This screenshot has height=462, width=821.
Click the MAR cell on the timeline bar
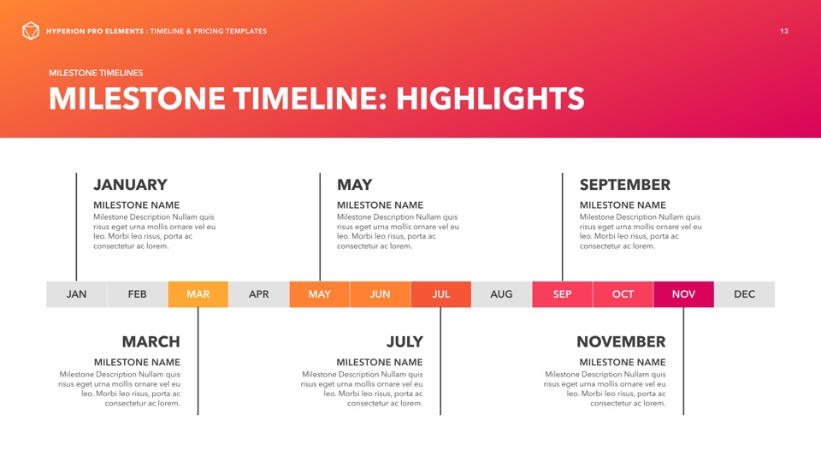(198, 294)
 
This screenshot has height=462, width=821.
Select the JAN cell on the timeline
(76, 294)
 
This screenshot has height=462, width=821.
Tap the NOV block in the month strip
(683, 294)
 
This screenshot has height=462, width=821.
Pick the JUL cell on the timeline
(441, 294)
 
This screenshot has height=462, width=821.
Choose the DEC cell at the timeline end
(745, 294)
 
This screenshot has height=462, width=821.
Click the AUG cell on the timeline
(502, 294)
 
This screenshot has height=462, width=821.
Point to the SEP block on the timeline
(563, 294)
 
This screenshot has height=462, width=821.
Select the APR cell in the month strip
(258, 294)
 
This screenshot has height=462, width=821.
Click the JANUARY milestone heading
(130, 185)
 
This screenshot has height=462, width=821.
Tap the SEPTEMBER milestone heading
(624, 185)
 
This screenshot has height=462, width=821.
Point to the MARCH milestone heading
(151, 342)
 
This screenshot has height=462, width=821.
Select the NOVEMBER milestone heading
(621, 342)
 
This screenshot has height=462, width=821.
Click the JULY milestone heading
(405, 342)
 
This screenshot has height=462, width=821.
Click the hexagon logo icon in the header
(31, 31)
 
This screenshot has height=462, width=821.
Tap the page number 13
(784, 32)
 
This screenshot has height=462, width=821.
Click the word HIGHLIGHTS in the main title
(490, 98)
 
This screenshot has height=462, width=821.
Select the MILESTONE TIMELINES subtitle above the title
(96, 73)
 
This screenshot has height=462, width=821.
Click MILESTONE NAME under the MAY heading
(380, 205)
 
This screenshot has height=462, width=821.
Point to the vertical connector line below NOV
(683, 361)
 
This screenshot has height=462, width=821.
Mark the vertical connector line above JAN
(76, 227)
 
